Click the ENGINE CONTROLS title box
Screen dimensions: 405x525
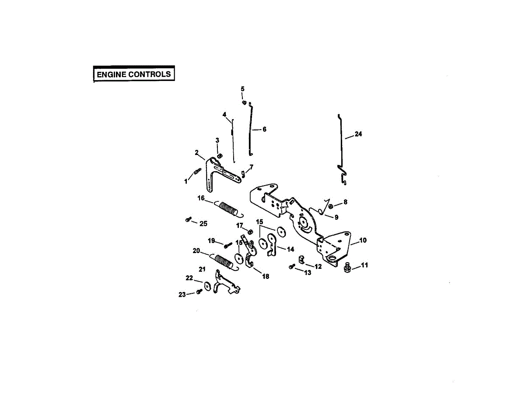[134, 74]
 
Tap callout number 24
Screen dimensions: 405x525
[358, 134]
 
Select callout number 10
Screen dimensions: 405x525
[363, 240]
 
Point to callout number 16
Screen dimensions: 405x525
[201, 198]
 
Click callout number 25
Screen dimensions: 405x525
[203, 224]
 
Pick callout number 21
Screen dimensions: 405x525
[202, 269]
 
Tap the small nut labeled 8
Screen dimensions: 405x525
[331, 206]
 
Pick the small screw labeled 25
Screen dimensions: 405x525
[188, 220]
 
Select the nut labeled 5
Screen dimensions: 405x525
[244, 102]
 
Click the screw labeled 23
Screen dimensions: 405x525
[199, 291]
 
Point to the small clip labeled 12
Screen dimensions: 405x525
[301, 259]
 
